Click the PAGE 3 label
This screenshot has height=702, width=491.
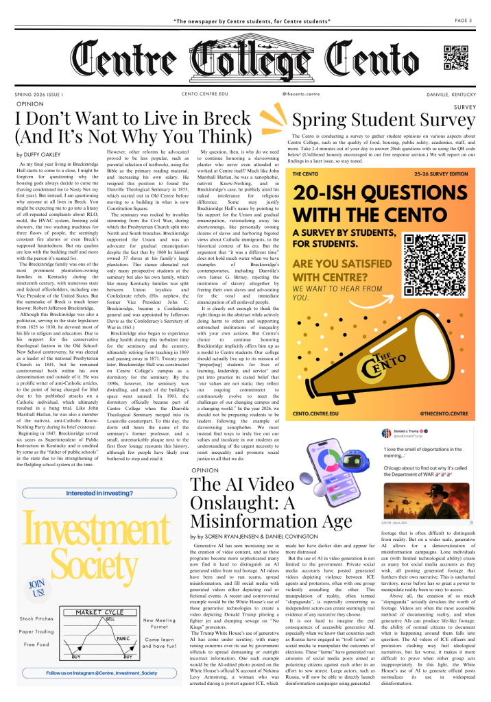pos(462,21)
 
